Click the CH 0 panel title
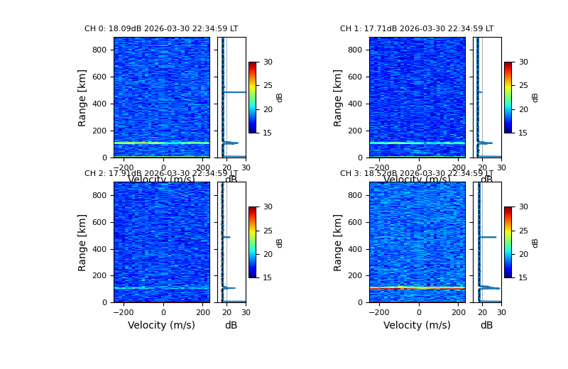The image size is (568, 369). pyautogui.click(x=161, y=29)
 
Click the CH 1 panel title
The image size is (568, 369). pyautogui.click(x=417, y=29)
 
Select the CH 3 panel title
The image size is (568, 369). pyautogui.click(x=417, y=174)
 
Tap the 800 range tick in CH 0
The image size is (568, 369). pyautogui.click(x=100, y=50)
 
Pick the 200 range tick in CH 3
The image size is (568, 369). pyautogui.click(x=356, y=275)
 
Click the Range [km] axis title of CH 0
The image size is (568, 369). pyautogui.click(x=82, y=97)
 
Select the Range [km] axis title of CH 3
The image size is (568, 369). pyautogui.click(x=338, y=242)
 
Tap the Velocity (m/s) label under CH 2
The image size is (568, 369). pyautogui.click(x=161, y=325)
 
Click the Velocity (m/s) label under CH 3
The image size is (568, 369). pyautogui.click(x=417, y=325)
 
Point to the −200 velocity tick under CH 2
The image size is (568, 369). pyautogui.click(x=124, y=312)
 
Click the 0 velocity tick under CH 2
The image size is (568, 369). pyautogui.click(x=163, y=312)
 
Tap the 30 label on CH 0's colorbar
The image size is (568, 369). pyautogui.click(x=267, y=62)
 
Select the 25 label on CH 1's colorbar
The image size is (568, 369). pyautogui.click(x=523, y=86)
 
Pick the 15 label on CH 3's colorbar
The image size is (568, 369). pyautogui.click(x=523, y=277)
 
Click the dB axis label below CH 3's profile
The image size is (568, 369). pyautogui.click(x=486, y=325)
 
